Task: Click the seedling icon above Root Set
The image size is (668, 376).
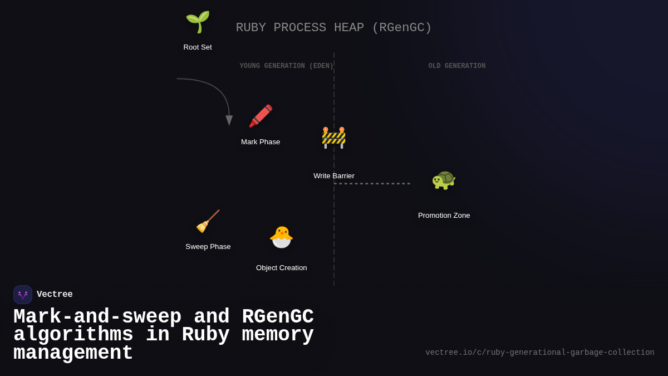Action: tap(198, 22)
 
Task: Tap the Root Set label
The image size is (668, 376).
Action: tap(198, 47)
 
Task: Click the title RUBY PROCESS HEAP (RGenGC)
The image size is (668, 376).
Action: tap(333, 28)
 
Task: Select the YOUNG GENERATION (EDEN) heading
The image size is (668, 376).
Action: tap(286, 66)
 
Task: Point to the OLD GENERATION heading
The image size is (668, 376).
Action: tap(456, 66)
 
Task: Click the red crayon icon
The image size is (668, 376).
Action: tap(261, 116)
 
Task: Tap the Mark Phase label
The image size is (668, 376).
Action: tap(261, 142)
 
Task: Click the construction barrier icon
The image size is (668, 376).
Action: tap(333, 138)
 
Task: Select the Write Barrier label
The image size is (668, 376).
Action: tap(333, 176)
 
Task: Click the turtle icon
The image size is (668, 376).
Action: tap(444, 179)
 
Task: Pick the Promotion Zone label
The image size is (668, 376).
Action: tap(444, 216)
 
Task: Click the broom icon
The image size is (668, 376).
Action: tap(208, 221)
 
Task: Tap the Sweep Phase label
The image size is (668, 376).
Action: tap(208, 247)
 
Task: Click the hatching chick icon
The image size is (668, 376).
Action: tap(281, 237)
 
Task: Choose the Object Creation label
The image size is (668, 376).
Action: tap(281, 268)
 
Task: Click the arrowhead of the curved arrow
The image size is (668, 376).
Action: tap(229, 120)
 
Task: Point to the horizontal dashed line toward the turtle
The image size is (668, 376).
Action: tap(372, 183)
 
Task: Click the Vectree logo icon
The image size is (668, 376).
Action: tap(23, 295)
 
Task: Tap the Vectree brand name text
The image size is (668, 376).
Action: tap(55, 295)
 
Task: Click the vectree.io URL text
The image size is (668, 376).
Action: tap(539, 353)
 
